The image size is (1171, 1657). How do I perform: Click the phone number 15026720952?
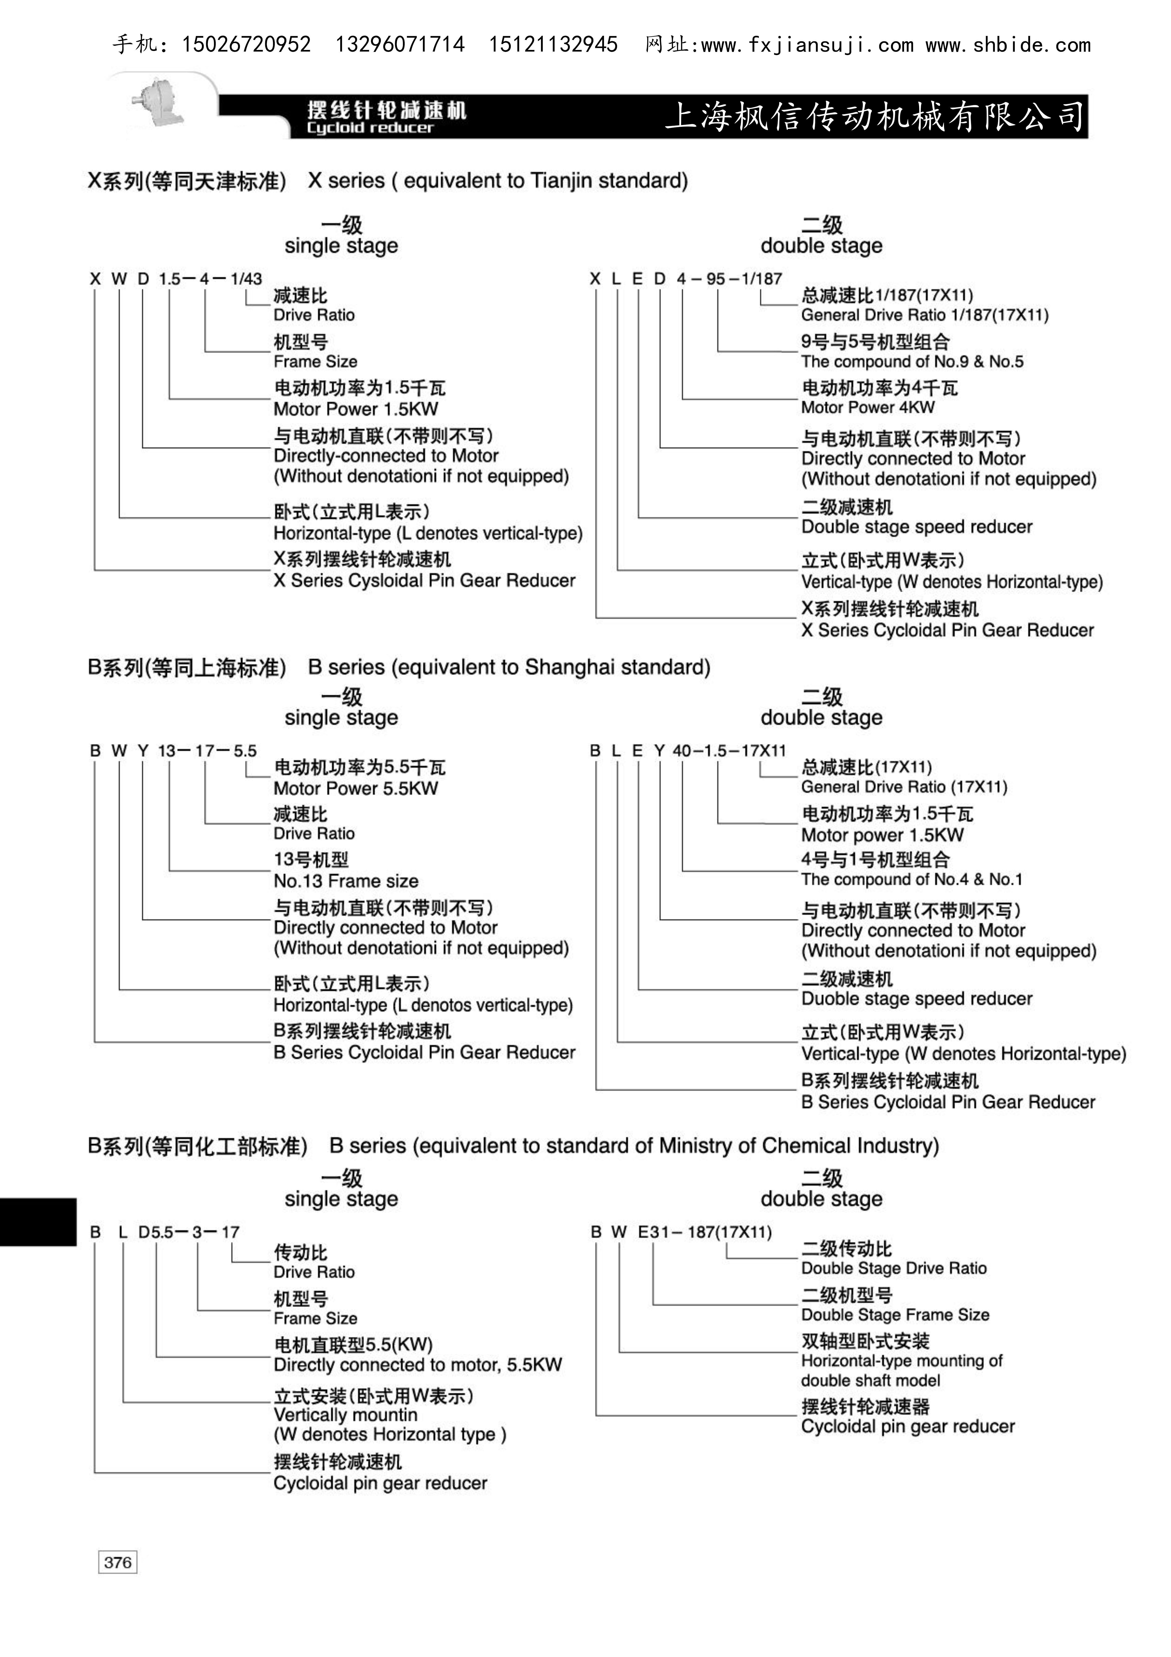click(246, 45)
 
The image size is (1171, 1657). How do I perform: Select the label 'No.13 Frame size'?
click(346, 880)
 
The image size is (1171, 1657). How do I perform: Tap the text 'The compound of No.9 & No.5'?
click(912, 362)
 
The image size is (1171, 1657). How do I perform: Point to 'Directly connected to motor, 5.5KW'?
click(417, 1365)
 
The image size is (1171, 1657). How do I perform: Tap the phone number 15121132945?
click(553, 45)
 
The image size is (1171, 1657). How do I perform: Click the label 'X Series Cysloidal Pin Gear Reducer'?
click(424, 580)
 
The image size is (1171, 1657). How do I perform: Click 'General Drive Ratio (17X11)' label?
click(904, 787)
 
